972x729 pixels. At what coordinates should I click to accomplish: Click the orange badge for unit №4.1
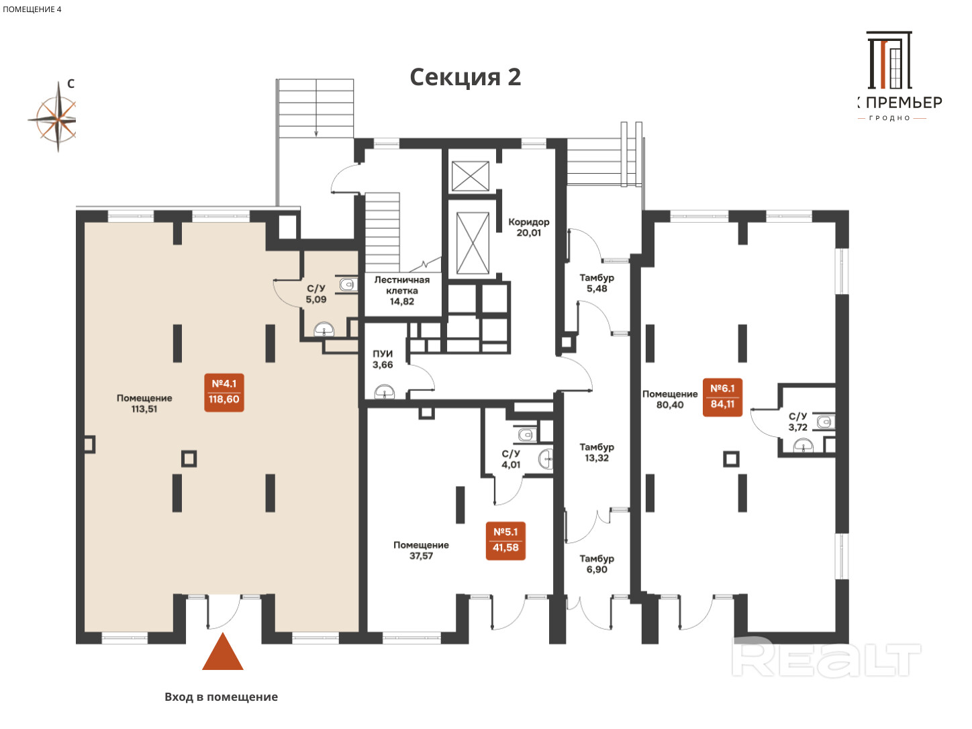point(224,393)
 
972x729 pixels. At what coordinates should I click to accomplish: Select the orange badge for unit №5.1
point(505,541)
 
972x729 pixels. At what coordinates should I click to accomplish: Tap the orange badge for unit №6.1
point(722,397)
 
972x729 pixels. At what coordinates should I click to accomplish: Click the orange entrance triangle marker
point(223,651)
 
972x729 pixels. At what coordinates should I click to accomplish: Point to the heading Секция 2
point(465,77)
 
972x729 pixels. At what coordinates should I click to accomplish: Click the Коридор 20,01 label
point(529,227)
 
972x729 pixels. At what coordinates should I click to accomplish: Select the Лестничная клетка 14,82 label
point(401,291)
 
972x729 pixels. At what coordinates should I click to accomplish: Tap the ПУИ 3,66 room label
point(383,359)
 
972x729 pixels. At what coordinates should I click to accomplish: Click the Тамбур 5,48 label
point(597,283)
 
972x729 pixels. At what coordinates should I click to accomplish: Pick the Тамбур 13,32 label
point(597,452)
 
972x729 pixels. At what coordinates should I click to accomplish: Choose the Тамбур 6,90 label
point(597,564)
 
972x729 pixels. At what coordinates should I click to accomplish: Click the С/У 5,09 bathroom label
point(315,293)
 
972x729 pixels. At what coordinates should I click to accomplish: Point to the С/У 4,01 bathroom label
point(511,459)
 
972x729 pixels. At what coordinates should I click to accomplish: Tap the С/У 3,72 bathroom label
point(797,422)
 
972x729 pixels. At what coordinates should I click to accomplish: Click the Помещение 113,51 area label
point(144,403)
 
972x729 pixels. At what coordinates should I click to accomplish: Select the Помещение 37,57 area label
point(421,550)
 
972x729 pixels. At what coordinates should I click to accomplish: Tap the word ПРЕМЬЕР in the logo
point(904,103)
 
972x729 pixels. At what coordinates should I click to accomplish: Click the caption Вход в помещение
point(221,697)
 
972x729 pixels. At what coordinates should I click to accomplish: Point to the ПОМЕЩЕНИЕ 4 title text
point(32,9)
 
